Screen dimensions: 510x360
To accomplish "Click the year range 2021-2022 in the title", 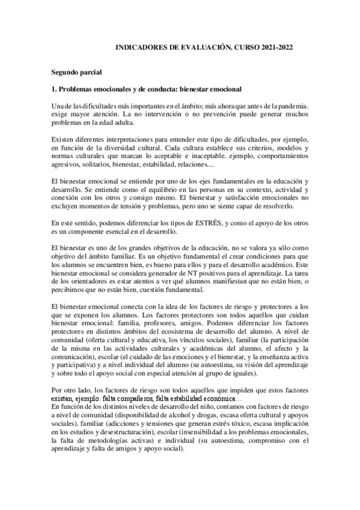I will click(276, 46).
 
